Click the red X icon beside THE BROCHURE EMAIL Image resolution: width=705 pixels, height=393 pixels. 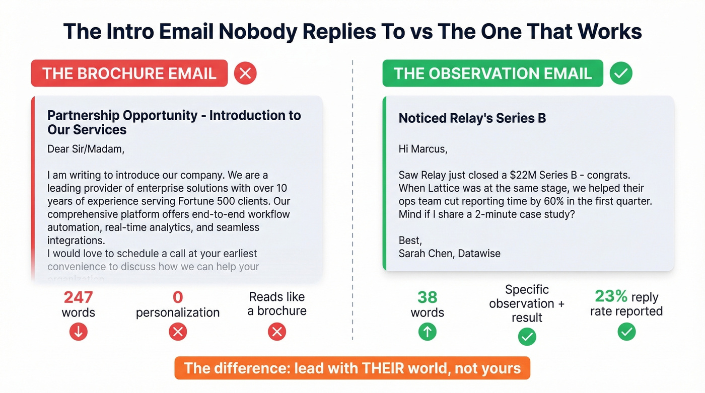pos(245,73)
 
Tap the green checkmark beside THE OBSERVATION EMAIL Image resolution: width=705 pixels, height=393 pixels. pos(621,73)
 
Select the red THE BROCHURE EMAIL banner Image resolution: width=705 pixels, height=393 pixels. pos(129,73)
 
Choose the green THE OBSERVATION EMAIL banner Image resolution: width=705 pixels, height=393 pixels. pos(492,73)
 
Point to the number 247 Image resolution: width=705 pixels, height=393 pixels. pos(78,297)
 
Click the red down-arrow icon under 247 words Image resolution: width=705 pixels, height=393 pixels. pos(79,332)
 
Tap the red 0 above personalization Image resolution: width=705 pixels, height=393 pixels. pos(178,297)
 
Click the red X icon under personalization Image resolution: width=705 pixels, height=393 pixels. pos(178,332)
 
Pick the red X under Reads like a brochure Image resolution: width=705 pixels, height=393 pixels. pos(277,332)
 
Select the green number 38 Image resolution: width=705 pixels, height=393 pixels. pos(427,297)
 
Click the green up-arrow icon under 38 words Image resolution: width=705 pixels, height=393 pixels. pos(427,332)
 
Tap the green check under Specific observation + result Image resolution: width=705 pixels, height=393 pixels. pos(527,337)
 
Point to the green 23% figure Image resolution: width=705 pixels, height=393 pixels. pos(611,296)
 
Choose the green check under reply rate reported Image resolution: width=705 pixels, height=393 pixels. pos(626,332)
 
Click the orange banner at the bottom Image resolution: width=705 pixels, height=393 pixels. pos(352,368)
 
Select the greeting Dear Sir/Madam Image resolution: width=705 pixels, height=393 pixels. pos(86,149)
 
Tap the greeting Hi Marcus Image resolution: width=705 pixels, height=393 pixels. pos(422,149)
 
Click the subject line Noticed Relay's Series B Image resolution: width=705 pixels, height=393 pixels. pos(472,118)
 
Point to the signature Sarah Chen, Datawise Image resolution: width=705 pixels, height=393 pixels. pos(449,253)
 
